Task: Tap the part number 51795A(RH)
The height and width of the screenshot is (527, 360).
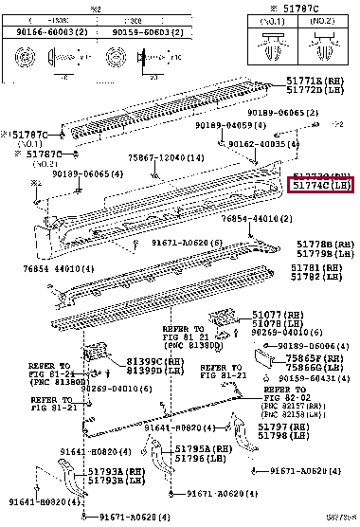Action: pyautogui.click(x=208, y=448)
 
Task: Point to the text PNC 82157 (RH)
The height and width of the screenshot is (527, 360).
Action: pyautogui.click(x=290, y=404)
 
